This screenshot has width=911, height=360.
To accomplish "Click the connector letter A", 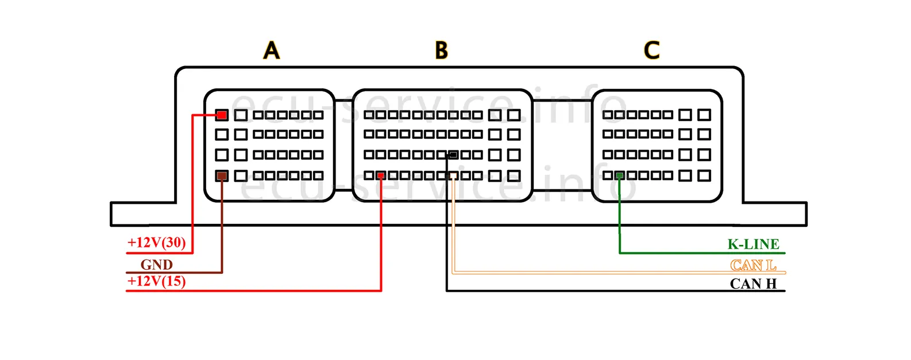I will click(x=272, y=51).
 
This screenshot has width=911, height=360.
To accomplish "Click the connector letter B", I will click(x=441, y=51).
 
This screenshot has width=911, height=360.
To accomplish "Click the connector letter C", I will click(x=651, y=51).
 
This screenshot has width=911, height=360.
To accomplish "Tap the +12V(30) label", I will click(x=157, y=242).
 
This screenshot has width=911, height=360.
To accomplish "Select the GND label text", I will click(x=157, y=265).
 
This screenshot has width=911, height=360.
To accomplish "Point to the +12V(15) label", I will click(x=157, y=281).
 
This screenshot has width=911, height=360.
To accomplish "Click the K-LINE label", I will click(x=753, y=244).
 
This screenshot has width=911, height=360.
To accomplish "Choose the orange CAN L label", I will click(x=753, y=265).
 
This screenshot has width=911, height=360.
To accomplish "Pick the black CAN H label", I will click(x=753, y=284).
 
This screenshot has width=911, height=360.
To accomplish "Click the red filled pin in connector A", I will click(x=222, y=115).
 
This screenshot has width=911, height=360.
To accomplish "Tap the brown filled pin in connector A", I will click(x=222, y=176).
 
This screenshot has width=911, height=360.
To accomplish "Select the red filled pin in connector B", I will click(x=381, y=175).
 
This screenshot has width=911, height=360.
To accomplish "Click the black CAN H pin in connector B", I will click(x=453, y=154).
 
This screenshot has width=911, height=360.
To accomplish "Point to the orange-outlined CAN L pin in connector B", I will click(x=453, y=175).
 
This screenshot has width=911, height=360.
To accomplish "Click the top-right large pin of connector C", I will click(x=704, y=115).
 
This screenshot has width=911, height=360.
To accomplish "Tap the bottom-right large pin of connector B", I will click(x=514, y=176).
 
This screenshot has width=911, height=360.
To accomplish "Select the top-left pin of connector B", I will click(x=369, y=115).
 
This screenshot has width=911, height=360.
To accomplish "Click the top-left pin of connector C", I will click(x=608, y=115).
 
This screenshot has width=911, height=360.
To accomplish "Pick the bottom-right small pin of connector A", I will click(x=319, y=175).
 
